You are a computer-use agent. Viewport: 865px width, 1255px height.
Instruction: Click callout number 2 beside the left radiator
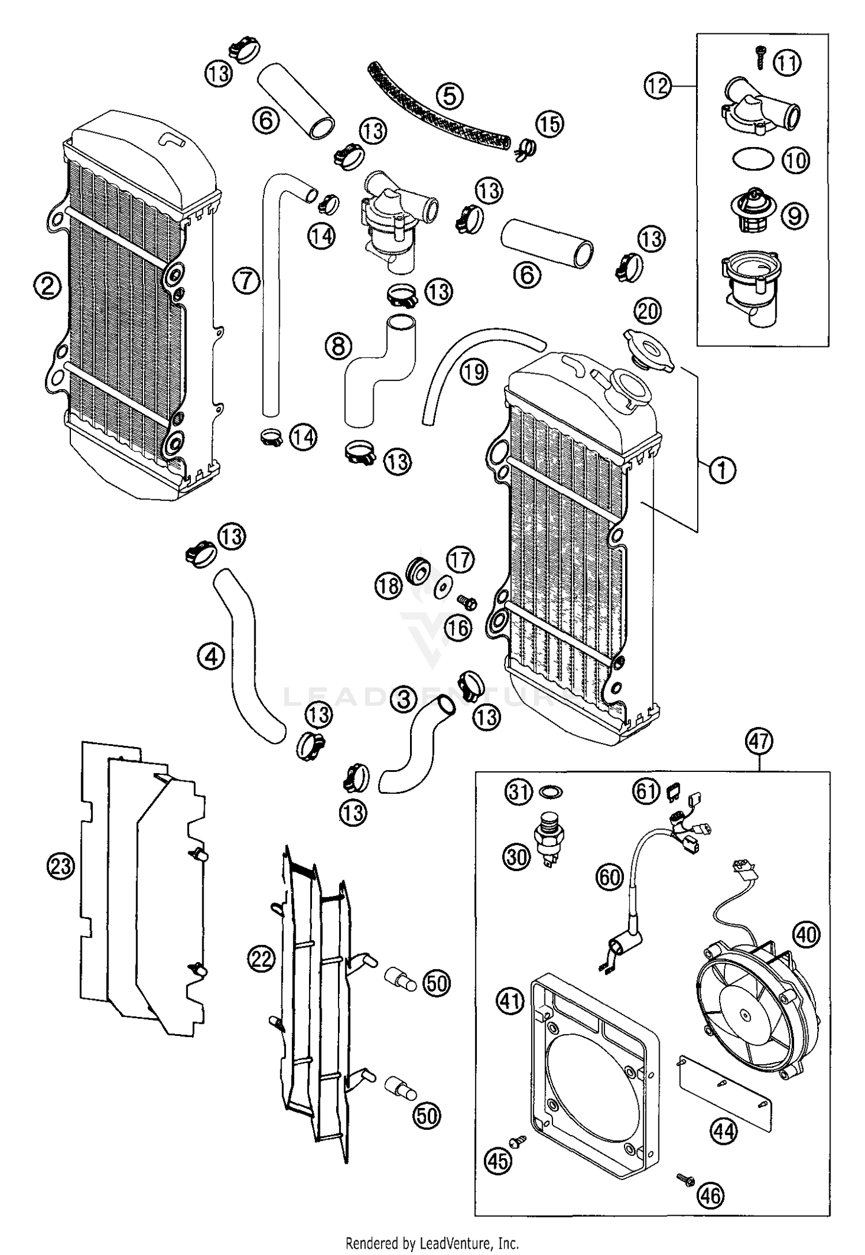click(x=47, y=285)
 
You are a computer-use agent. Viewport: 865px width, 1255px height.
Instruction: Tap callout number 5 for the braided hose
click(x=449, y=96)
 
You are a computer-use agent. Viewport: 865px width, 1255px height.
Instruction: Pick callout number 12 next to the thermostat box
click(x=657, y=86)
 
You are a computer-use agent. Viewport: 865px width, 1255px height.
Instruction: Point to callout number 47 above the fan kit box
click(x=759, y=741)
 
